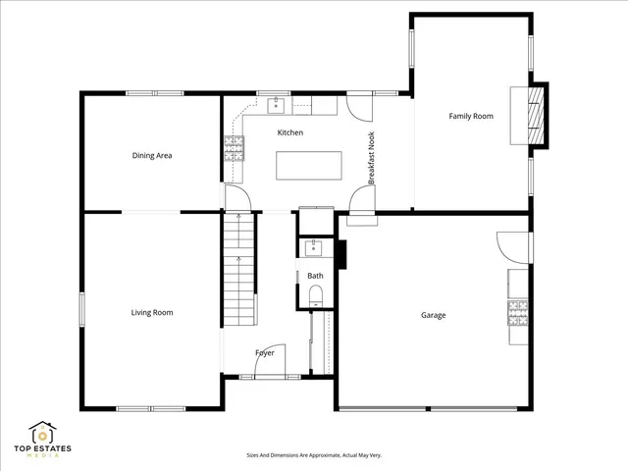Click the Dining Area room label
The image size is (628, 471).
tap(152, 155)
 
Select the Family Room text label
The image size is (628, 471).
tap(471, 116)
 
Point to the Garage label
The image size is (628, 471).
tap(434, 315)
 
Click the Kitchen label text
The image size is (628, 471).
tap(290, 132)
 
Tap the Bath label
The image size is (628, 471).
tap(315, 276)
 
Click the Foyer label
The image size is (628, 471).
tap(265, 352)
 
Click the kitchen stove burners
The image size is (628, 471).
tap(235, 148)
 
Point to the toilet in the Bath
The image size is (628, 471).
tap(315, 296)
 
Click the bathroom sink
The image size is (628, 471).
tap(315, 247)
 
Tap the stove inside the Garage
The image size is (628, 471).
tap(518, 312)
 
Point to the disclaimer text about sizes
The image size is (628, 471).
tap(314, 455)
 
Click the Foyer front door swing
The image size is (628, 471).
tap(272, 360)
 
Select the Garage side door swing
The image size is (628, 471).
tap(513, 245)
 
